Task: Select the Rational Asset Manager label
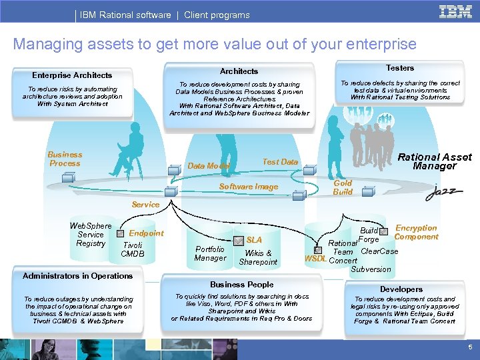tap(434, 161)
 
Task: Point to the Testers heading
tap(400, 68)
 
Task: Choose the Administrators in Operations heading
tap(77, 276)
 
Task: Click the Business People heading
tap(241, 285)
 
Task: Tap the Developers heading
tap(401, 289)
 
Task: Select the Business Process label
tap(65, 159)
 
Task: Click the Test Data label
tap(280, 162)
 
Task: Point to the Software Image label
tap(249, 187)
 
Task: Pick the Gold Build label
tap(343, 187)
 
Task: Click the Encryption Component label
tap(416, 232)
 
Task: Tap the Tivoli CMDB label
tap(132, 249)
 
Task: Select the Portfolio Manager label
tap(210, 253)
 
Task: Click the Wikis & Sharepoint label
tap(258, 257)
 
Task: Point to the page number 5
tap(469, 347)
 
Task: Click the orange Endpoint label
tap(146, 233)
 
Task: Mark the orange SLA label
tap(254, 240)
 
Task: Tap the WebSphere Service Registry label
tap(91, 235)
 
